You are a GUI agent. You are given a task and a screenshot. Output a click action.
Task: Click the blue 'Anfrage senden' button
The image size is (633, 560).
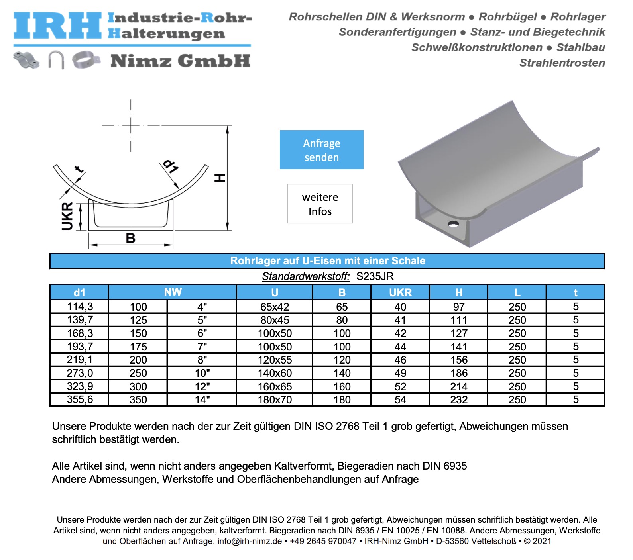321,150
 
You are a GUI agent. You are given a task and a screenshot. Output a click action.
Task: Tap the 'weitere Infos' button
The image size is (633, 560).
320,204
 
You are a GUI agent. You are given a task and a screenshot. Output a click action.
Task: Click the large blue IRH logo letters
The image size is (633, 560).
58,25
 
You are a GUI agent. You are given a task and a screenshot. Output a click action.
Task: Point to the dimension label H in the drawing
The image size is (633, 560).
220,178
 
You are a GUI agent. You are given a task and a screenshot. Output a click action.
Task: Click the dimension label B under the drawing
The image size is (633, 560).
130,238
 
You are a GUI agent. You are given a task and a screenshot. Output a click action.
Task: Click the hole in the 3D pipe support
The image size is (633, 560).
453,224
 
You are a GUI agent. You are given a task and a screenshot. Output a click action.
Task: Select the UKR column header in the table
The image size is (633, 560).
400,292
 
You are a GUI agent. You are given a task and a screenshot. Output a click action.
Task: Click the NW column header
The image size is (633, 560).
173,292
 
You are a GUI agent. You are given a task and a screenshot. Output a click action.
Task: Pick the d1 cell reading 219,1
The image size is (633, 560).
80,360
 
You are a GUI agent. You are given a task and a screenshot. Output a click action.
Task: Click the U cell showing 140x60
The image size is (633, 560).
275,373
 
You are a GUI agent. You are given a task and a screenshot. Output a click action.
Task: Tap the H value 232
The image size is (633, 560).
459,399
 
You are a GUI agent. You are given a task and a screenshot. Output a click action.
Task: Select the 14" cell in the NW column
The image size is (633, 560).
202,399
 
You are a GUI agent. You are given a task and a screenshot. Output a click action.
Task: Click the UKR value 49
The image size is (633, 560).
400,373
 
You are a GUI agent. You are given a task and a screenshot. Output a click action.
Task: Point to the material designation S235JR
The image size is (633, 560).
375,276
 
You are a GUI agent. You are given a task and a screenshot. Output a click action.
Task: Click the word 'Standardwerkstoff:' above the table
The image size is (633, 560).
306,276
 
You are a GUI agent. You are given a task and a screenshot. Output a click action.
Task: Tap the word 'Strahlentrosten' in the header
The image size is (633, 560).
562,63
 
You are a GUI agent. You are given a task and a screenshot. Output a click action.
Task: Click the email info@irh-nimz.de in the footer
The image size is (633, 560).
250,541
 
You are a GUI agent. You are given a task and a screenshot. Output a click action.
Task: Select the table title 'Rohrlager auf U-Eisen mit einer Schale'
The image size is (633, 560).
328,261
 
